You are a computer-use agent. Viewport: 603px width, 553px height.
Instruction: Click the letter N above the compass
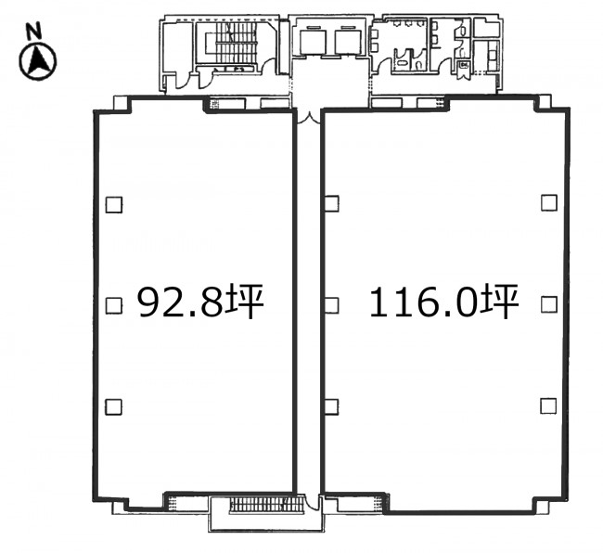click(x=33, y=32)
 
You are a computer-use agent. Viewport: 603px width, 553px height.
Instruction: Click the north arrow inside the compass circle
click(x=38, y=60)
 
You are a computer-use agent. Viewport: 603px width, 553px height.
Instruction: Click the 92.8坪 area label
click(x=200, y=302)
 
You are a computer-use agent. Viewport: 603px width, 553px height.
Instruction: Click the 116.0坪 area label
click(x=444, y=302)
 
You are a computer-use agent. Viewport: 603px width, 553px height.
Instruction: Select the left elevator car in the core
click(x=313, y=42)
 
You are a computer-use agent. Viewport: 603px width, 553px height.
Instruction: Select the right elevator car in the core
click(x=348, y=42)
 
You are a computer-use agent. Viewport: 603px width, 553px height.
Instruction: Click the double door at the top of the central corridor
click(x=308, y=118)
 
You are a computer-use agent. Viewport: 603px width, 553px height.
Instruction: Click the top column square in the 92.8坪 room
click(x=114, y=204)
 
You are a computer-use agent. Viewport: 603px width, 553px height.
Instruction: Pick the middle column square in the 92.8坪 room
click(x=114, y=305)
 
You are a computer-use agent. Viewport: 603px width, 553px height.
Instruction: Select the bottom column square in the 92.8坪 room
click(x=114, y=407)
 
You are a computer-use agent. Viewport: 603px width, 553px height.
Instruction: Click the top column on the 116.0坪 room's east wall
click(x=549, y=202)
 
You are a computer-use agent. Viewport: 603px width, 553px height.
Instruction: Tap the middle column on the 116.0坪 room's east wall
click(x=549, y=304)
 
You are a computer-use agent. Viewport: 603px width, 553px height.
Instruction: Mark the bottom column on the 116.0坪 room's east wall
click(x=548, y=405)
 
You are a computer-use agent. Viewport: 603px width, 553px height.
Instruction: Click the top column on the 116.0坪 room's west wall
click(x=331, y=203)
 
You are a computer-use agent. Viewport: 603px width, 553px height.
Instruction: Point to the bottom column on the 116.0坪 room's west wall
click(x=331, y=407)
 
